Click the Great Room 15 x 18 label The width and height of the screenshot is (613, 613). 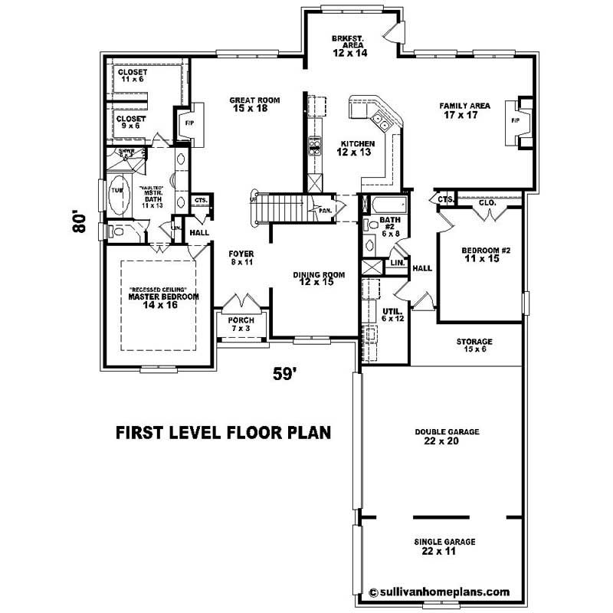click(x=254, y=105)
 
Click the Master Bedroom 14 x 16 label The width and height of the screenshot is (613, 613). click(x=163, y=300)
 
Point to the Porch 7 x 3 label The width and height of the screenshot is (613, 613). click(x=241, y=323)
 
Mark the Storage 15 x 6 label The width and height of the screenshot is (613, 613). click(x=474, y=346)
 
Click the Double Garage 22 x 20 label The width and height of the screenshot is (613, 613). click(x=447, y=437)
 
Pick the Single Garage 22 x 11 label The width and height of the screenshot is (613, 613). click(x=444, y=546)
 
